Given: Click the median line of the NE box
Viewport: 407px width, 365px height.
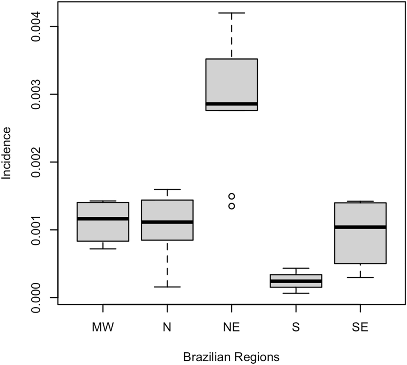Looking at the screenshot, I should [x=231, y=104].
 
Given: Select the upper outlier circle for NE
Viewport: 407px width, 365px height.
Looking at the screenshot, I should [x=231, y=196].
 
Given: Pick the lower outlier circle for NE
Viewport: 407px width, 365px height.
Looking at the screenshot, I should [x=231, y=206].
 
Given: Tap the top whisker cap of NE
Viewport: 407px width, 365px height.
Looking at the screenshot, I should [x=231, y=13].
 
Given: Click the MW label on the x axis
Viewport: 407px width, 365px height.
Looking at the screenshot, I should [x=103, y=328].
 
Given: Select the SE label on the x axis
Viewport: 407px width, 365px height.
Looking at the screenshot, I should [x=360, y=328].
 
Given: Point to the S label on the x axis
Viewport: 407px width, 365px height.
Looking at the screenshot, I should [x=296, y=328].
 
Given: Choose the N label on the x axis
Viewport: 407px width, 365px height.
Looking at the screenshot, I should [x=167, y=328].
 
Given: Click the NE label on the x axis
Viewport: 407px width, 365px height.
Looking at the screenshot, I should [x=231, y=328].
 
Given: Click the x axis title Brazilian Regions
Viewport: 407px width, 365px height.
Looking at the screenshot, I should [x=231, y=356].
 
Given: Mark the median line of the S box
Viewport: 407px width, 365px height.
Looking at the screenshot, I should [x=296, y=281].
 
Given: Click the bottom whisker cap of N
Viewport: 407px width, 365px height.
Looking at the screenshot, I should [x=167, y=287].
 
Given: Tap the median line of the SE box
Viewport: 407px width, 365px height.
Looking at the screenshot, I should [x=360, y=227].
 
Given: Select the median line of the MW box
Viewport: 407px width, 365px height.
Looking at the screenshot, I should [x=103, y=218].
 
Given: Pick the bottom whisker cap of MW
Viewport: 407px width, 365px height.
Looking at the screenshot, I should [x=103, y=249].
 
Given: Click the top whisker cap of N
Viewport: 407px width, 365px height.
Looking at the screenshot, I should [x=167, y=189].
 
